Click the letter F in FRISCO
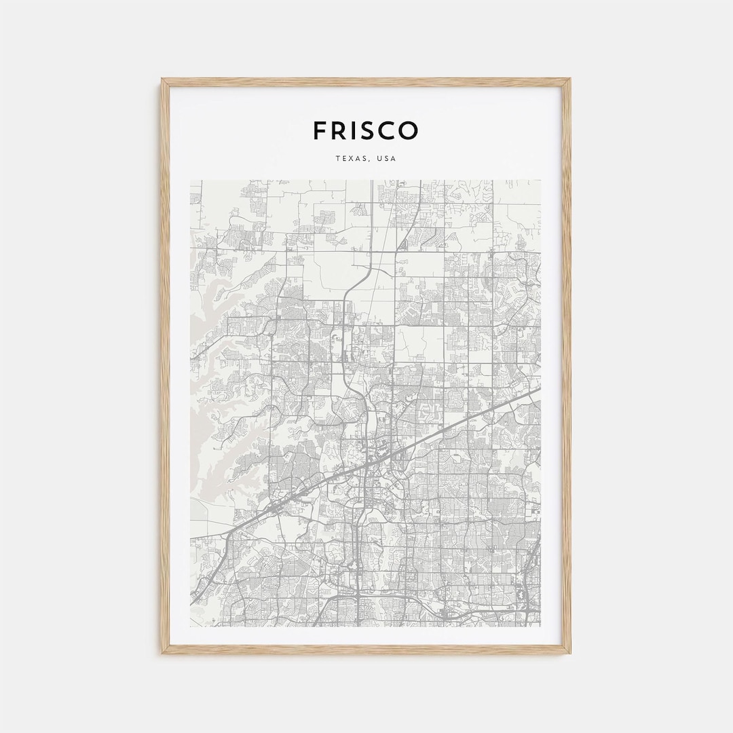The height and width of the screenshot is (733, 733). tap(320, 130)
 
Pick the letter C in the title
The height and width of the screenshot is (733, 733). tap(390, 130)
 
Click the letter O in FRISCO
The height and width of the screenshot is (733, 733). tap(410, 130)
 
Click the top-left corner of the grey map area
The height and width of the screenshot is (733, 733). tap(191, 181)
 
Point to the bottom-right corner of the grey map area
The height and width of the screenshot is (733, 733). tap(540, 626)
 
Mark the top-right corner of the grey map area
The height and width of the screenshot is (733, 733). tap(540, 181)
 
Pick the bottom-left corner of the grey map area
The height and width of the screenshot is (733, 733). tap(191, 626)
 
